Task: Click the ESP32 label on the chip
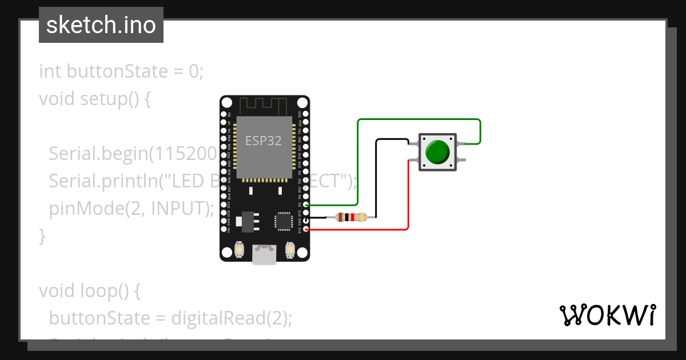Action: (x=264, y=141)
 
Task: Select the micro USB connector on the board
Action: (x=265, y=254)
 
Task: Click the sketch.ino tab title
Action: (x=101, y=25)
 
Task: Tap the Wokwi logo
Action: (x=607, y=315)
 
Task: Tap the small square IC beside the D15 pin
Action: (x=284, y=221)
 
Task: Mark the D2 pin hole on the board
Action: (x=307, y=204)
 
